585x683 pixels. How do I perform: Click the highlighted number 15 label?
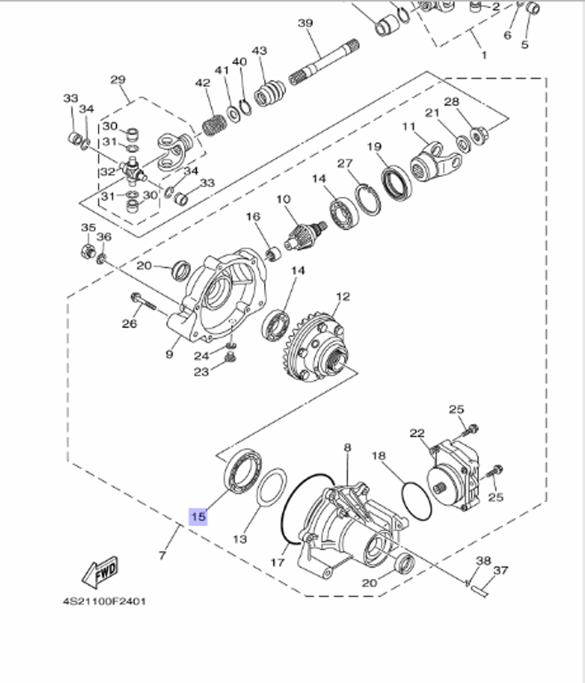[x=198, y=516]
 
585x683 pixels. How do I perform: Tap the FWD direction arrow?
[x=101, y=572]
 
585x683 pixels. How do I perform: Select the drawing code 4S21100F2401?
[x=105, y=601]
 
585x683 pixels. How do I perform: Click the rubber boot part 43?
[x=270, y=94]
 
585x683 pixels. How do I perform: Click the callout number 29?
[x=118, y=79]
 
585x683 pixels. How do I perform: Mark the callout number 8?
[x=347, y=448]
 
